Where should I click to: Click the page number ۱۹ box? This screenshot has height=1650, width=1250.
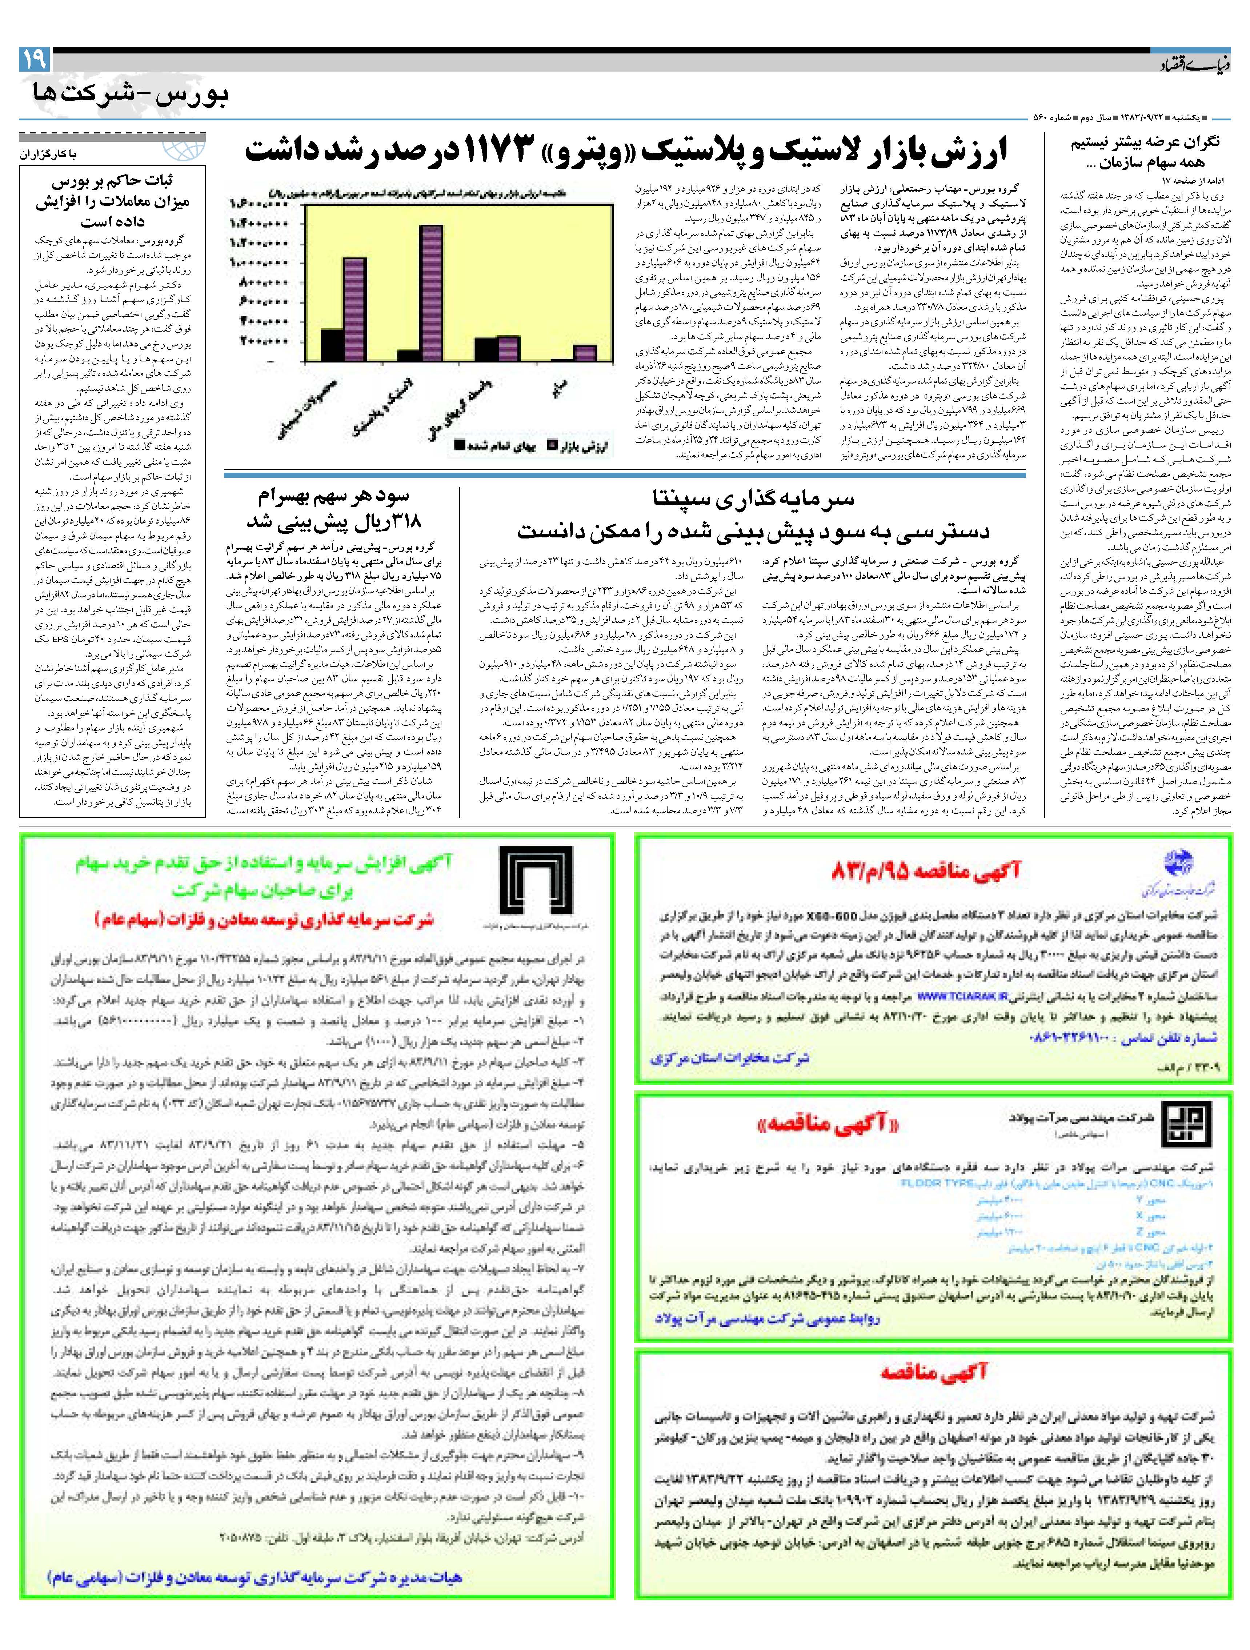35,59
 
